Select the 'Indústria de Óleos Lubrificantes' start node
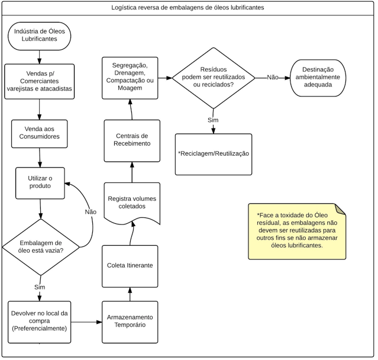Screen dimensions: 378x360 coord(39,36)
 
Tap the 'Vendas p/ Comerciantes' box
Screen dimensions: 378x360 coord(39,82)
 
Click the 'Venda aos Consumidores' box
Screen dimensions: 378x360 coord(39,134)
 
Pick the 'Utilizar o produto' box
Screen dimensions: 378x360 coord(40,183)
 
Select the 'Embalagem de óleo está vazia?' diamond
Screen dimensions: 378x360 coord(41,247)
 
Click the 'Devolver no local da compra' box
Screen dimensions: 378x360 coord(39,322)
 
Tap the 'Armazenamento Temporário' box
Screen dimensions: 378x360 coord(130,322)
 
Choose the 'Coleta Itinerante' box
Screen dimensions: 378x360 coord(130,266)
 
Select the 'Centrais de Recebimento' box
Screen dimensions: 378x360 coord(132,141)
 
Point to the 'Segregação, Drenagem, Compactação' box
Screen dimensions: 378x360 coord(130,78)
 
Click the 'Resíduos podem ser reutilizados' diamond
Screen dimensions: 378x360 coord(214,78)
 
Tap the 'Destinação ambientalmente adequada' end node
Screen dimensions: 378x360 coord(318,78)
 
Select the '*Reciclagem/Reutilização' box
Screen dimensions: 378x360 coord(214,155)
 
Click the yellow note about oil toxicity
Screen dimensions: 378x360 coord(297,232)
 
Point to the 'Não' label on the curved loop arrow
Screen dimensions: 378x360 coord(91,212)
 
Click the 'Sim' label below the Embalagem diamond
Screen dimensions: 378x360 coord(40,287)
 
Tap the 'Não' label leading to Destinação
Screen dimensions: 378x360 coord(273,78)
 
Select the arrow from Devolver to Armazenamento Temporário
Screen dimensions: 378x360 coord(86,322)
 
